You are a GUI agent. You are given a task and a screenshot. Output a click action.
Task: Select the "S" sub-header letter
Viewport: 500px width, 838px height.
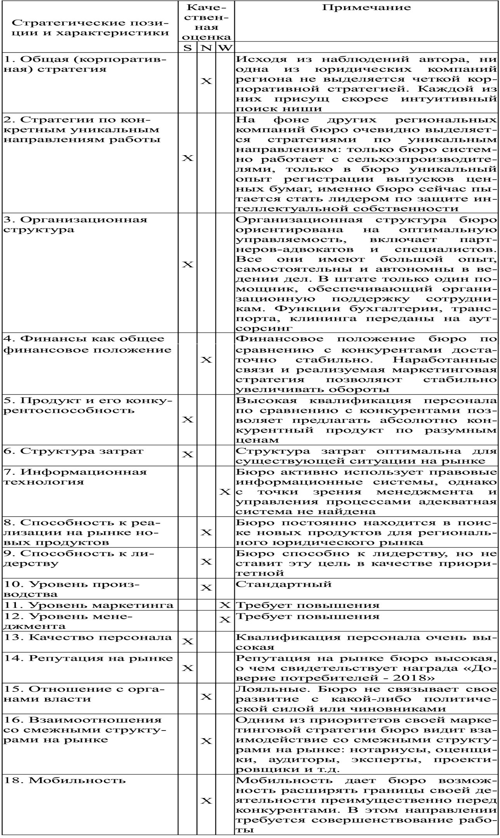click(x=187, y=48)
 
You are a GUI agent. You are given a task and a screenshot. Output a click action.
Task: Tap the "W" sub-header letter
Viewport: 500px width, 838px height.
click(x=225, y=48)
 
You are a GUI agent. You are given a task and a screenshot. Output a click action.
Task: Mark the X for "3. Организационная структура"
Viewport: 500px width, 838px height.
click(x=187, y=264)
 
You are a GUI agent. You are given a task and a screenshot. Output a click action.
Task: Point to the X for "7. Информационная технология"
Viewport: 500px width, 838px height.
click(x=225, y=492)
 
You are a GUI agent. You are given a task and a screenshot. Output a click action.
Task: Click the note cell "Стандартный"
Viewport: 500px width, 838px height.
click(x=284, y=583)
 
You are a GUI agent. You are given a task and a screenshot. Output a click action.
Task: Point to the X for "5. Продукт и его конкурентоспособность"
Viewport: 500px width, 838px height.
click(x=187, y=419)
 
